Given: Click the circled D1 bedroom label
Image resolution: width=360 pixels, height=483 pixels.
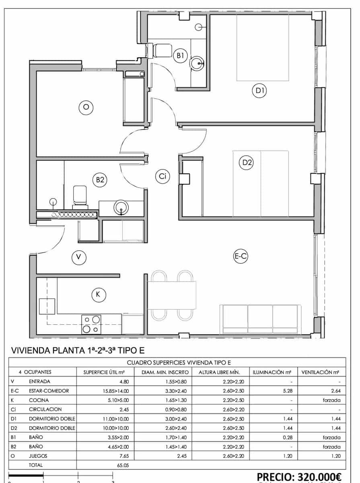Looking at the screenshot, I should pyautogui.click(x=259, y=91).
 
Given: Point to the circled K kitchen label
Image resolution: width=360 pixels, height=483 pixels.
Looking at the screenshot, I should pyautogui.click(x=98, y=295).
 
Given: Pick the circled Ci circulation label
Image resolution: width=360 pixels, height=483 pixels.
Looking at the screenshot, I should pyautogui.click(x=163, y=176).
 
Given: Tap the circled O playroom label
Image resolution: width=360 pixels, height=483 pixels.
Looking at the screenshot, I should pyautogui.click(x=85, y=107).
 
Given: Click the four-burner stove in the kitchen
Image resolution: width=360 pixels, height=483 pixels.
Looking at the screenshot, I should pyautogui.click(x=91, y=324).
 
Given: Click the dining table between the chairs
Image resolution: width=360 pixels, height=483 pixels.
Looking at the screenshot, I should pyautogui.click(x=172, y=295).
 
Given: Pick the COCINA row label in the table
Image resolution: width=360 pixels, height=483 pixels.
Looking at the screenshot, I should pyautogui.click(x=39, y=400).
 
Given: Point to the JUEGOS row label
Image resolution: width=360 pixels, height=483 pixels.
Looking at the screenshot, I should pyautogui.click(x=38, y=456).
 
